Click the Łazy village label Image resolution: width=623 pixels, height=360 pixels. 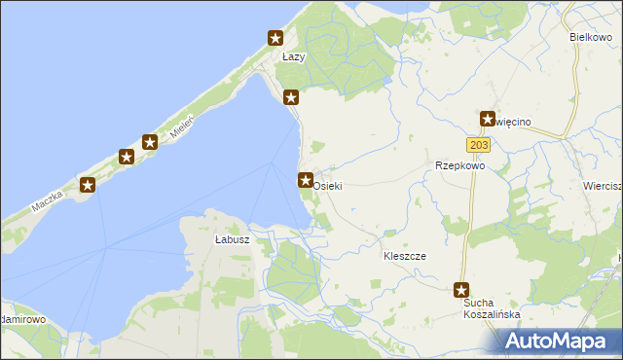point(293,57)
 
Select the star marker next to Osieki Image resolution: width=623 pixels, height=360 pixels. point(305,180)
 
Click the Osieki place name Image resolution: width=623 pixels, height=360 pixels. point(328,185)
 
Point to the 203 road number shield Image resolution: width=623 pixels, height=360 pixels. point(478,145)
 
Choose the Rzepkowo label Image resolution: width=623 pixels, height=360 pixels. point(459,165)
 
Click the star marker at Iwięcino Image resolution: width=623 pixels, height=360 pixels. point(488,119)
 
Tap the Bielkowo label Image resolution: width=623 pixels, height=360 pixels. point(590,36)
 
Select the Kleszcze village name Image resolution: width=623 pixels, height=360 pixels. point(405,256)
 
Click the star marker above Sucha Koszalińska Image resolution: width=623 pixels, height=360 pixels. point(462,290)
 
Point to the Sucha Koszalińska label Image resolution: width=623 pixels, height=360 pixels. point(491,308)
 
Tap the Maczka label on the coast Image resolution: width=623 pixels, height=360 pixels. point(46,200)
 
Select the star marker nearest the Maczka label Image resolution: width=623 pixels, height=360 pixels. point(88,185)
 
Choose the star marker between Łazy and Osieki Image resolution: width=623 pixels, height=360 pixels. point(290,97)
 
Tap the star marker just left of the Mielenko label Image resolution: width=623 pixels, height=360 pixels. point(150,142)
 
